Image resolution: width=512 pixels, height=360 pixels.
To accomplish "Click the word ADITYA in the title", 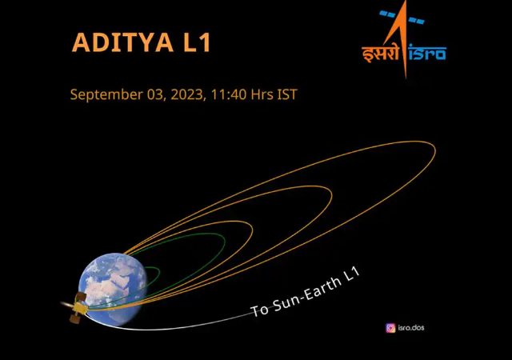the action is point(122,42).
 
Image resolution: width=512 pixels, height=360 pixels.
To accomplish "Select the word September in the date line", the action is point(106,95).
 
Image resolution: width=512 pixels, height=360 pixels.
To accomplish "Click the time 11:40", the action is point(229,94).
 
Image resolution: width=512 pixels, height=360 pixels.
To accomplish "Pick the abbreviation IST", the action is point(287,94).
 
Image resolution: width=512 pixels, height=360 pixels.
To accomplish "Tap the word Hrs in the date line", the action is point(262,94).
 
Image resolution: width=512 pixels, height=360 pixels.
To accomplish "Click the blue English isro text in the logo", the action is point(427,54).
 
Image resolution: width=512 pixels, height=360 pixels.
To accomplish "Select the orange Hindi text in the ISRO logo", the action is point(381,52).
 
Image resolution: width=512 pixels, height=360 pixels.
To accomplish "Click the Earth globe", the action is point(113,290).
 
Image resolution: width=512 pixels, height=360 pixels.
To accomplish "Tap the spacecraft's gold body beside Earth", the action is point(79,308).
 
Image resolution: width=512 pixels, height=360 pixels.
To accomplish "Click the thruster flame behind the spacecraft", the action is point(67,305).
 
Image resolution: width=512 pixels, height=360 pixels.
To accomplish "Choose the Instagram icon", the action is point(390,328).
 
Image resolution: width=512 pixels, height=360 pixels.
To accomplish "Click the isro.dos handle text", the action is point(411,327).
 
